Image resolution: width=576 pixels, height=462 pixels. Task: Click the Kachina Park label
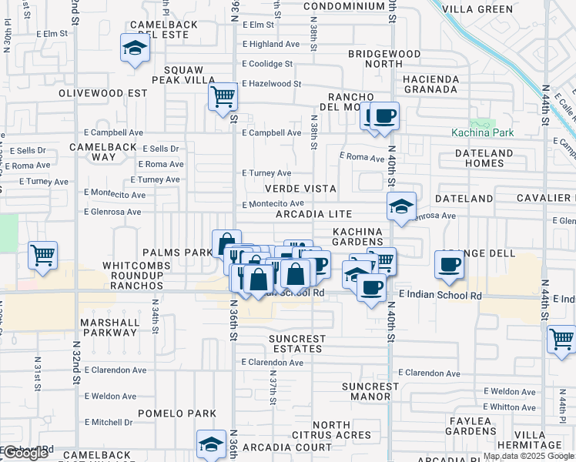pyautogui.click(x=483, y=132)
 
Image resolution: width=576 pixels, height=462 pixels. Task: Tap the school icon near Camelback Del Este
pyautogui.click(x=135, y=49)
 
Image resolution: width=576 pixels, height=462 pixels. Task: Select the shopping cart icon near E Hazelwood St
pyautogui.click(x=223, y=97)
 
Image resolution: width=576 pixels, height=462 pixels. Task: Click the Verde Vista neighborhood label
pyautogui.click(x=300, y=189)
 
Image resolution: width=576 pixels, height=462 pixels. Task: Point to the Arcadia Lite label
pyautogui.click(x=314, y=214)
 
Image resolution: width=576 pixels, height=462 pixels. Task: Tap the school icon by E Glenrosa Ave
pyautogui.click(x=400, y=206)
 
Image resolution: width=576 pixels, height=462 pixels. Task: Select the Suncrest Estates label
pyautogui.click(x=297, y=343)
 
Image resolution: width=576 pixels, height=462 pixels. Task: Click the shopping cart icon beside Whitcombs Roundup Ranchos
pyautogui.click(x=42, y=254)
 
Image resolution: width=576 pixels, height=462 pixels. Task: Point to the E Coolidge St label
pyautogui.click(x=267, y=64)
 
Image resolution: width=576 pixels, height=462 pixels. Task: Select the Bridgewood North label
pyautogui.click(x=384, y=59)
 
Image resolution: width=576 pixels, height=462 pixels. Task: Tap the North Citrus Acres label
pyautogui.click(x=342, y=430)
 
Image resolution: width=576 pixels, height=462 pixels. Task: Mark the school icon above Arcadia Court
pyautogui.click(x=210, y=444)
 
